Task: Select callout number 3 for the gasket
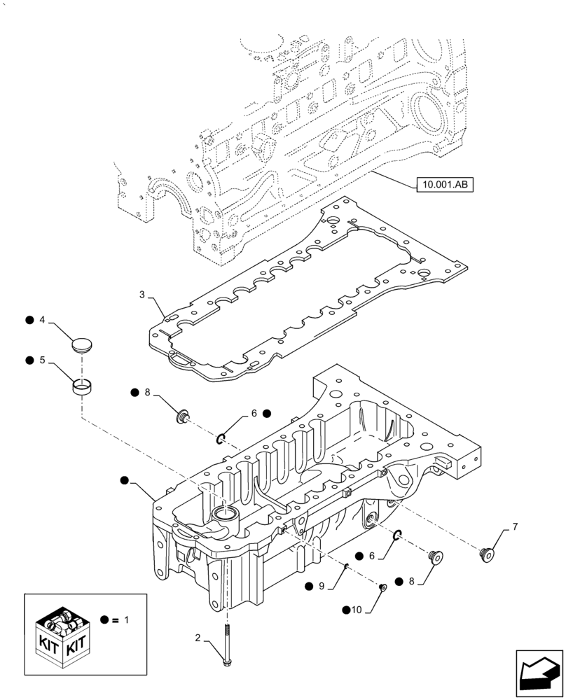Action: (142, 295)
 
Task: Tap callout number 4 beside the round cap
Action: (42, 320)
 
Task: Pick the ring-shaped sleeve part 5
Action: (83, 386)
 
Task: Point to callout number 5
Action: (42, 360)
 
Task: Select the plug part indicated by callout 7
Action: (484, 555)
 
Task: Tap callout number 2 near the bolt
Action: (198, 638)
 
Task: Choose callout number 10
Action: (357, 610)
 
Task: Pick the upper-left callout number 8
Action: (147, 393)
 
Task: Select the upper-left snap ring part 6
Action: (221, 439)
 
